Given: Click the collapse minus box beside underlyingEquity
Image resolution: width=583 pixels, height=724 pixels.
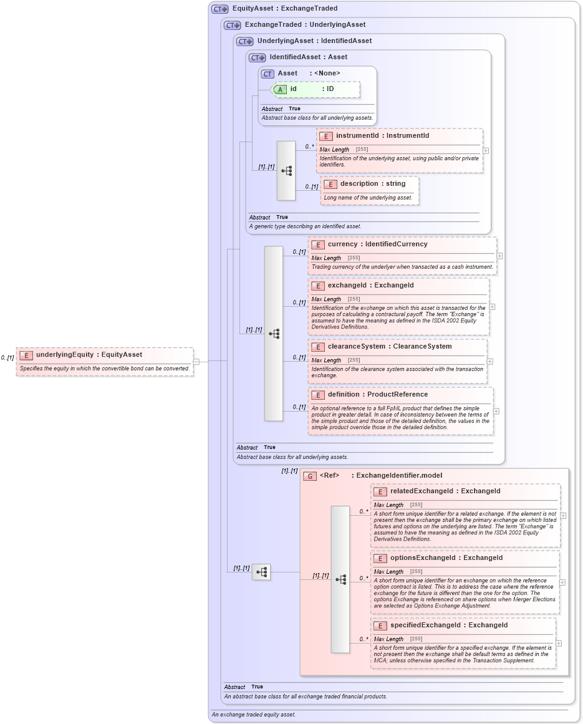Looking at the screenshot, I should pos(196,361).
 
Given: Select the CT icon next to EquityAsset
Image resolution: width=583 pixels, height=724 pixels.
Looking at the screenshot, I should pos(219,9).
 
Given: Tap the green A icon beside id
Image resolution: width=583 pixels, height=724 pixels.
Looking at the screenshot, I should pos(280,89).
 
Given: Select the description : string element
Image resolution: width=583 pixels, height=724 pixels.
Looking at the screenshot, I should pos(372,184).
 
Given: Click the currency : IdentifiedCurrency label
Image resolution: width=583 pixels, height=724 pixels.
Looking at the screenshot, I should pos(377,244).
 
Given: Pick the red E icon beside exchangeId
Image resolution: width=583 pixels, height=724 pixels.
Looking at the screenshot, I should pos(318,286).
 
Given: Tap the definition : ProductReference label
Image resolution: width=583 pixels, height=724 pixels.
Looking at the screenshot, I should pos(377,395).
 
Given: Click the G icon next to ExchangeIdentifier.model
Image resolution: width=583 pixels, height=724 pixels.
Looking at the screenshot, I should pos(310,476).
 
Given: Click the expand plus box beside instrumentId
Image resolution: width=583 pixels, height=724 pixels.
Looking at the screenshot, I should pos(486,150).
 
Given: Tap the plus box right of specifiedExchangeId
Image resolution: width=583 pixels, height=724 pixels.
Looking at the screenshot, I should pos(559,644).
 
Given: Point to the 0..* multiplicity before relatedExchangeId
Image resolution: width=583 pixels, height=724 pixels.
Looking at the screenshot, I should pos(364,511).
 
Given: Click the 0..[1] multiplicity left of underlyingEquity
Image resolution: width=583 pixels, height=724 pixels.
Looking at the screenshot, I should pos(7,358).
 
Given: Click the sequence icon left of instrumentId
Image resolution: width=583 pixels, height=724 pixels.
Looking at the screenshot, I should pos(286,170).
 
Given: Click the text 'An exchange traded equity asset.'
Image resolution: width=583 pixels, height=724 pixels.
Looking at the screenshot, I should pos(253,715).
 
